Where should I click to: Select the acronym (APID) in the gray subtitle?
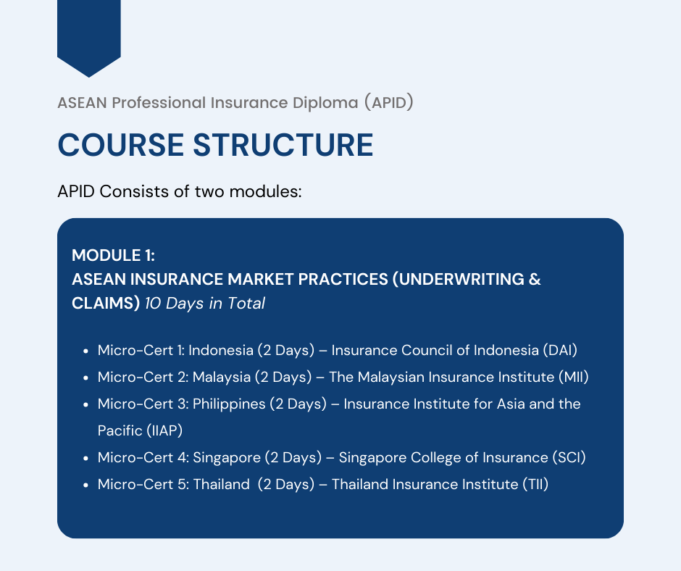point(388,103)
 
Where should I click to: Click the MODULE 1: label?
point(113,255)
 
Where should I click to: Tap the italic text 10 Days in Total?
point(205,304)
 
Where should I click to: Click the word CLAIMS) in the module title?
point(106,304)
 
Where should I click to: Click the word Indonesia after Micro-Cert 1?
point(221,351)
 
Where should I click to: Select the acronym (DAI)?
point(559,351)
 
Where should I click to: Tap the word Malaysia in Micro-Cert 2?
point(220,377)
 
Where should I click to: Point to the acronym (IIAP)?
point(164,430)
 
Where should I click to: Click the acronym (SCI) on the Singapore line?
point(569,457)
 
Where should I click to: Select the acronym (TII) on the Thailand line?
point(534,484)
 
